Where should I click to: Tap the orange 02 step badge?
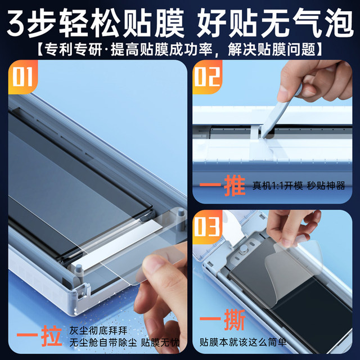point(208,77)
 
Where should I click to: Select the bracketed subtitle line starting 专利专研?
point(180,48)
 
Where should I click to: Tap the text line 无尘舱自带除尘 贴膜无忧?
point(123,343)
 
